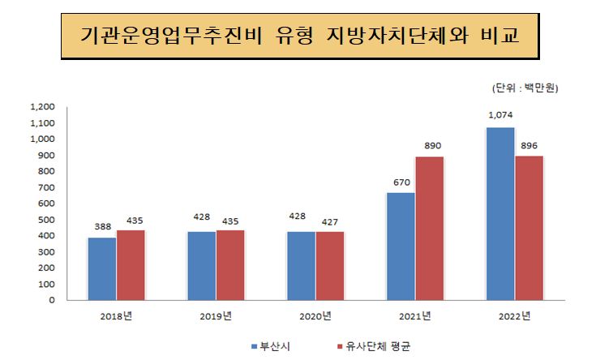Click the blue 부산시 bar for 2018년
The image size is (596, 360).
coord(102,268)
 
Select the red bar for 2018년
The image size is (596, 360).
coord(131,265)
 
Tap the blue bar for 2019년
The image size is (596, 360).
coord(201,265)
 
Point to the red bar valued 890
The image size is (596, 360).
coord(429,228)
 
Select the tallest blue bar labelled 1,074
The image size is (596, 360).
coord(500,213)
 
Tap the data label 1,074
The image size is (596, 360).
coord(500,115)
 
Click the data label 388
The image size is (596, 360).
coord(102,226)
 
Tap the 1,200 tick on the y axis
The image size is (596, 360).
coord(41,106)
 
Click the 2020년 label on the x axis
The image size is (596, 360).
coord(315,315)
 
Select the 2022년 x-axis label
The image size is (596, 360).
coord(514,315)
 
